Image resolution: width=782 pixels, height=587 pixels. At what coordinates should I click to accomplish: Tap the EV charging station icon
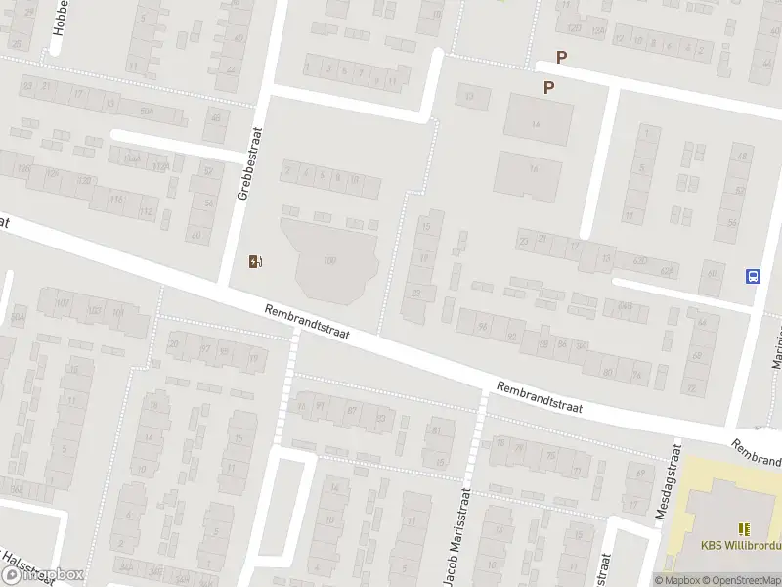(x=256, y=261)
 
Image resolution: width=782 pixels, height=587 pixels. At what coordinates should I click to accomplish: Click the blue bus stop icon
(x=753, y=276)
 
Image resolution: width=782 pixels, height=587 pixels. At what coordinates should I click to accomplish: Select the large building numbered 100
(x=329, y=260)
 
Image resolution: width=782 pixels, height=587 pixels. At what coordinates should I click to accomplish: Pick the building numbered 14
(x=536, y=122)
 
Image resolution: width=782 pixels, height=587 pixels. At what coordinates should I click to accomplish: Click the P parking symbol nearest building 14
(x=549, y=87)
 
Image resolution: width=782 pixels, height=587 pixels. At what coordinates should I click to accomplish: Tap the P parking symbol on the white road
(x=561, y=58)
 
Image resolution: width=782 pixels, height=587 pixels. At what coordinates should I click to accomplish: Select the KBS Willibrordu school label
(x=740, y=547)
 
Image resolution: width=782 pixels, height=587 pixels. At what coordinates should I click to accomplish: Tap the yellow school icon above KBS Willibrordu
(x=744, y=529)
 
